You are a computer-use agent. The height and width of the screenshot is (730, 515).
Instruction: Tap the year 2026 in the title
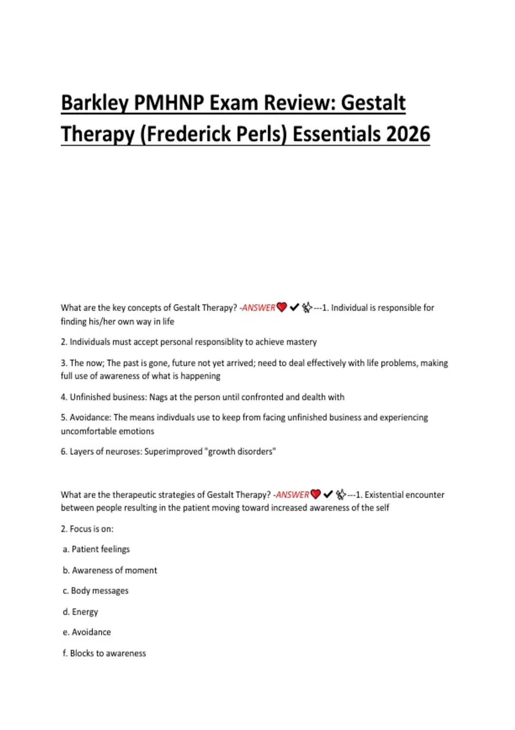coord(408,134)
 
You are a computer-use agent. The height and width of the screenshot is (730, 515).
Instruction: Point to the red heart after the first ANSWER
coord(282,307)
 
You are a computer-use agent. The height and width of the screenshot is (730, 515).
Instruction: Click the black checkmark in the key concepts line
coord(294,307)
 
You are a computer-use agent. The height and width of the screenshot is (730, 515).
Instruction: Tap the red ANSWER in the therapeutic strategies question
coord(292,495)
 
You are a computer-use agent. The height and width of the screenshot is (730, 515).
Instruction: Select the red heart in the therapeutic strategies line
coord(315,495)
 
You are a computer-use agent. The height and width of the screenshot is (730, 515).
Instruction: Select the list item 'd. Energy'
coord(80,612)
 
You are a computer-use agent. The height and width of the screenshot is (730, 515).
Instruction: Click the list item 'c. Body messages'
coord(95,591)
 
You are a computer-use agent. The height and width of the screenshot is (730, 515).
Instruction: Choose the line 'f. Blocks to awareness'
coord(104,654)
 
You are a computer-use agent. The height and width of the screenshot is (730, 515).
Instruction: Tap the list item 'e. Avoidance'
coord(87,633)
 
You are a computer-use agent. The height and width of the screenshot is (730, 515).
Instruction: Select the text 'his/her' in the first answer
coord(103,322)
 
